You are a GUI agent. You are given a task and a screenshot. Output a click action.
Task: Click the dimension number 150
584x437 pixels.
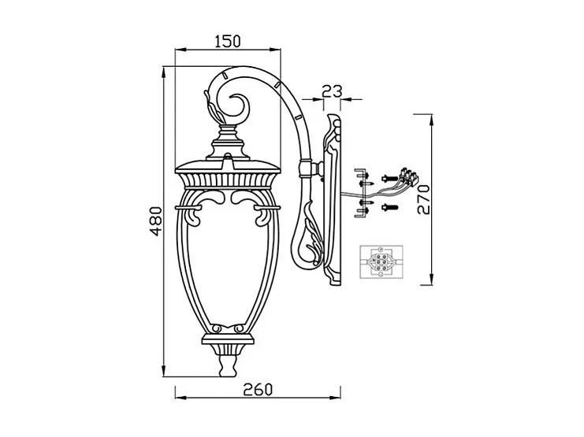[227, 41]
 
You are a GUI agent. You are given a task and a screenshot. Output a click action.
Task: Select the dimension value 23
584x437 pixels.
[332, 91]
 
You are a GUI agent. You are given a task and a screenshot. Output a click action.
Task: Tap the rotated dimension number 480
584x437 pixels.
[155, 221]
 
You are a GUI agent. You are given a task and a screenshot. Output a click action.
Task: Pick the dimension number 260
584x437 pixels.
[257, 388]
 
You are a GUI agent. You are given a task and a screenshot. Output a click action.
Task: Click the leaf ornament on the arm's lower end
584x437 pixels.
[307, 236]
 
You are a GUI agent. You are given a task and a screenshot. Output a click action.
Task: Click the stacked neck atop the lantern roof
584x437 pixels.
[229, 142]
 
